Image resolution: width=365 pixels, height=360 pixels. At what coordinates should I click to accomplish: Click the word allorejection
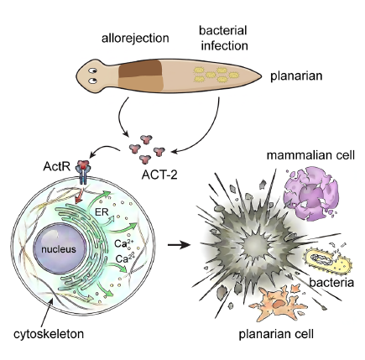coord(135,38)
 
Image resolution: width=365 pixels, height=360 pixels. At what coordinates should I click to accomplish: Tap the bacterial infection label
coord(223,38)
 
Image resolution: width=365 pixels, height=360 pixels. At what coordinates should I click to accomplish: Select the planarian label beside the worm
coord(296,76)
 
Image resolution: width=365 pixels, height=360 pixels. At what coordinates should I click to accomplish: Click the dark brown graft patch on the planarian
coord(140,68)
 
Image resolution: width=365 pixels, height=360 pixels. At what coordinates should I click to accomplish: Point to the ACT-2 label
coord(159,175)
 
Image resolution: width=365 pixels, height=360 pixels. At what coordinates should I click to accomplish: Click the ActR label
coord(57,167)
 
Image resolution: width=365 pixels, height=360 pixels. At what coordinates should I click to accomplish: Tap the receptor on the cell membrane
coord(83,171)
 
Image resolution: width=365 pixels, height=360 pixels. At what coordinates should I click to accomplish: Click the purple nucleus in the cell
coord(59,248)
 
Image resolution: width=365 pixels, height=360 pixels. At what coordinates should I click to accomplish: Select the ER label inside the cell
coord(102,211)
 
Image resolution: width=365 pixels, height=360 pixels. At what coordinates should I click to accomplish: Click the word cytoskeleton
coord(49,334)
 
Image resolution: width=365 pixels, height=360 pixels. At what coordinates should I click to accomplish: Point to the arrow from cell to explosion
coord(179,245)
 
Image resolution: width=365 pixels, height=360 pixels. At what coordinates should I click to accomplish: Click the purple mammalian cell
coord(310,193)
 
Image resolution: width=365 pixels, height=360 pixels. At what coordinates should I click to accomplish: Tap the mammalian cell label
coord(310,155)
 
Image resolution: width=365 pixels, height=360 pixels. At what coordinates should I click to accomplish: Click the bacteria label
coord(331,283)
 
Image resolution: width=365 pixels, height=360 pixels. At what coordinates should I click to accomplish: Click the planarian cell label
coord(276,334)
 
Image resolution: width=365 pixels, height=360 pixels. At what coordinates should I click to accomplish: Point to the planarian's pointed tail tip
coord(261,76)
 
